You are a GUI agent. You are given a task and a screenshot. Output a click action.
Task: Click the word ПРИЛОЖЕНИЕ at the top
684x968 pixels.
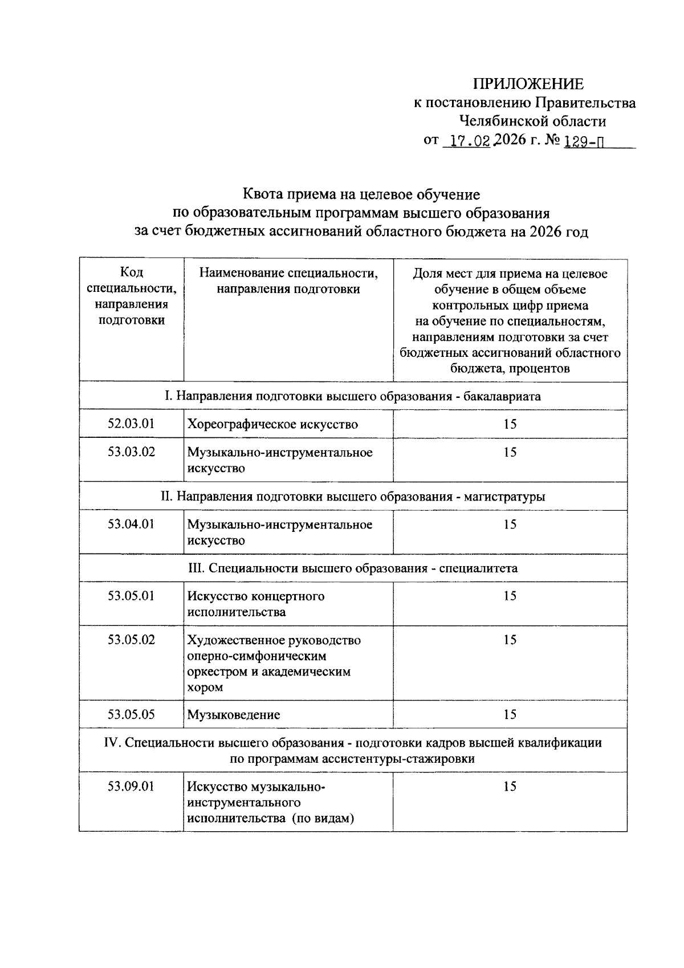pos(528,84)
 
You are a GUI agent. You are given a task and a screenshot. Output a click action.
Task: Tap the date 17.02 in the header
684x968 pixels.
pos(470,141)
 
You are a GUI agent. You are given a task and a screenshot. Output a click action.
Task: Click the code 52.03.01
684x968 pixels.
pos(131,424)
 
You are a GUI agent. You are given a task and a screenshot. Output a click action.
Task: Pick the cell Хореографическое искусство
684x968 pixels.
pos(272,424)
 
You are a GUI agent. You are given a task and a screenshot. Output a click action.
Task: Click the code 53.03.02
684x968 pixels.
pos(131,452)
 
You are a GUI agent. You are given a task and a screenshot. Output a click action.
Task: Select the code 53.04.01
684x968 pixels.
pos(131,523)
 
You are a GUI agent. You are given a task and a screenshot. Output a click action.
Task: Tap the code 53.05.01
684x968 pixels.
pos(131,595)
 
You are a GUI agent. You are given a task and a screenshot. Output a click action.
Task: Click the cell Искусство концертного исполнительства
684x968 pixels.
pos(256,604)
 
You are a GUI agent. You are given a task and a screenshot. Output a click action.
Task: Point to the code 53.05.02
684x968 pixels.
pos(131,640)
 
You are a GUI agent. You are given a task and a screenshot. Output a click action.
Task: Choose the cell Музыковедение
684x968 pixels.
pos(234,714)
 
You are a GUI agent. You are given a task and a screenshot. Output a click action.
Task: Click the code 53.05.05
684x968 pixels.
pos(131,714)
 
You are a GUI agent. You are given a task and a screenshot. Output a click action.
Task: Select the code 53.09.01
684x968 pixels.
pos(131,786)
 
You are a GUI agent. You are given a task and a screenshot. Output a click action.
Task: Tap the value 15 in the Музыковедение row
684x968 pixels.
pos(510,714)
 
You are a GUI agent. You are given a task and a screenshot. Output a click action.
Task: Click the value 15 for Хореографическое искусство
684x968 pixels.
pos(510,424)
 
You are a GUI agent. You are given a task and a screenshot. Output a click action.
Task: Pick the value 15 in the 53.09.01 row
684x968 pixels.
pos(510,786)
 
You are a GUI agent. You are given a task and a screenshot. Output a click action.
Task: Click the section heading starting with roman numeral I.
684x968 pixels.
pos(353,396)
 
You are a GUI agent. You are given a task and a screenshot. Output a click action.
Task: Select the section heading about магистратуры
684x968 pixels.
pos(353,496)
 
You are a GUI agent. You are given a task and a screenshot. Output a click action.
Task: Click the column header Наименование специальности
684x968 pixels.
pos(288,281)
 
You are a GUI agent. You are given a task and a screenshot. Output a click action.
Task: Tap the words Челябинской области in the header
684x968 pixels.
pos(532,121)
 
